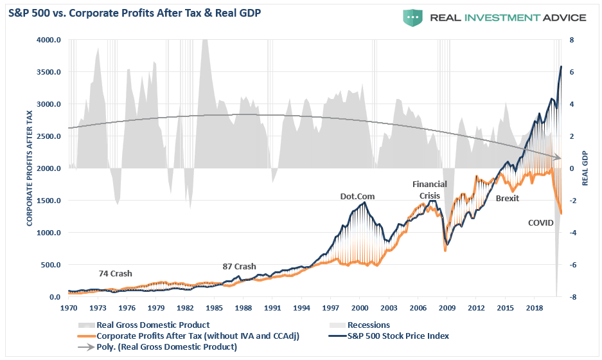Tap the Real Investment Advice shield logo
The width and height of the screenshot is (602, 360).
point(413,17)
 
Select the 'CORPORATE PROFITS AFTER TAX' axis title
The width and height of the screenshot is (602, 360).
point(30,168)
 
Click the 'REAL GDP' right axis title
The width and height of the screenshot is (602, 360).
point(585,168)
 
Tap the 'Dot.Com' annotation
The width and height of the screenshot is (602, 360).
point(357,196)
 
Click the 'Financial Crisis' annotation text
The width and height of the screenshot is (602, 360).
point(429,190)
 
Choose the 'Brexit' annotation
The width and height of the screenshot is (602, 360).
point(508,199)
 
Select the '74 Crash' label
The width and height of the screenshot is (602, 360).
point(115,273)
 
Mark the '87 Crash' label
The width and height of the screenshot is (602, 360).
point(239,266)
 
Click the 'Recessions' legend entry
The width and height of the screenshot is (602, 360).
point(369,325)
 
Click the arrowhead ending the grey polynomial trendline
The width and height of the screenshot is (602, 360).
point(559,157)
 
